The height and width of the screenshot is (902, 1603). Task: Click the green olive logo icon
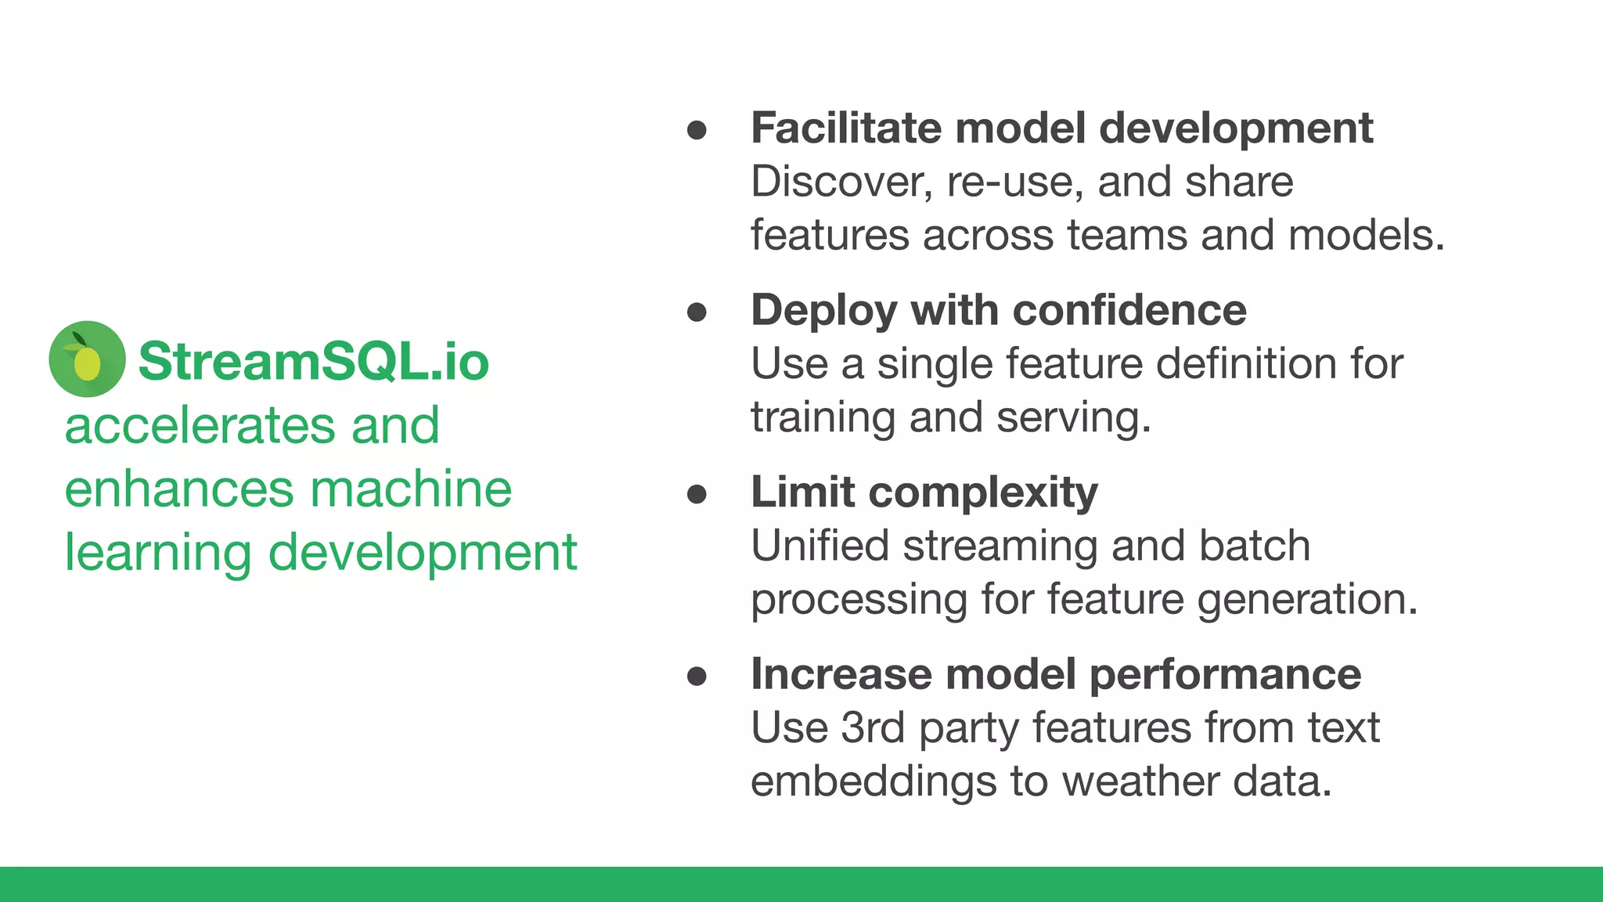(87, 359)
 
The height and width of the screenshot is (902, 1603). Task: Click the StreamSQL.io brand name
(313, 362)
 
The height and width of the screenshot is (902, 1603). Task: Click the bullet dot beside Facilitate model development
(697, 130)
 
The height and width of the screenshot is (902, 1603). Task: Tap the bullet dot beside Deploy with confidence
(697, 312)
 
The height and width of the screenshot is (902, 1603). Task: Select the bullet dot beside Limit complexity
(697, 494)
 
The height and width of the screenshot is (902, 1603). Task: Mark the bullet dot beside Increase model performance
(697, 676)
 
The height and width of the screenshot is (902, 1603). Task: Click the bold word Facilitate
(846, 128)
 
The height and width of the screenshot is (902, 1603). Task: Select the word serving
(1073, 418)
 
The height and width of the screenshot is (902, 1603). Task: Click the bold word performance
(1225, 675)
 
